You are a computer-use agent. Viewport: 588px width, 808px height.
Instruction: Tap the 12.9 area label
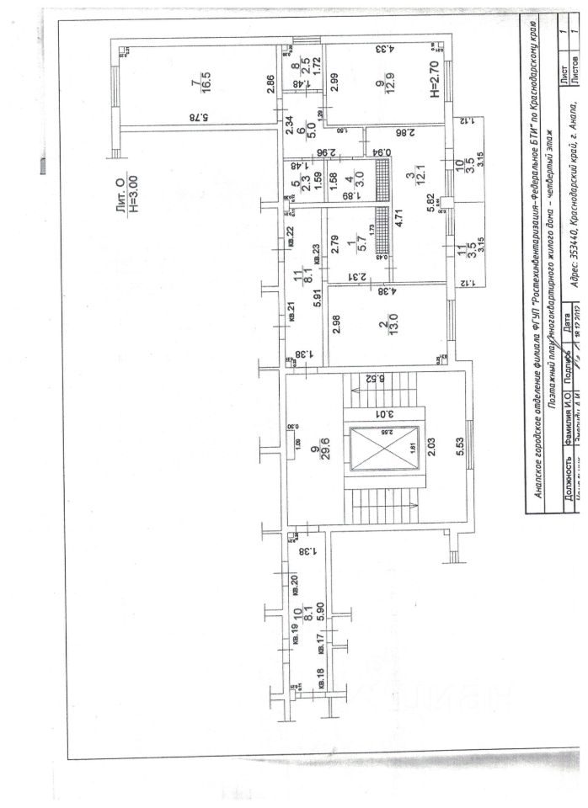coord(391,85)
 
